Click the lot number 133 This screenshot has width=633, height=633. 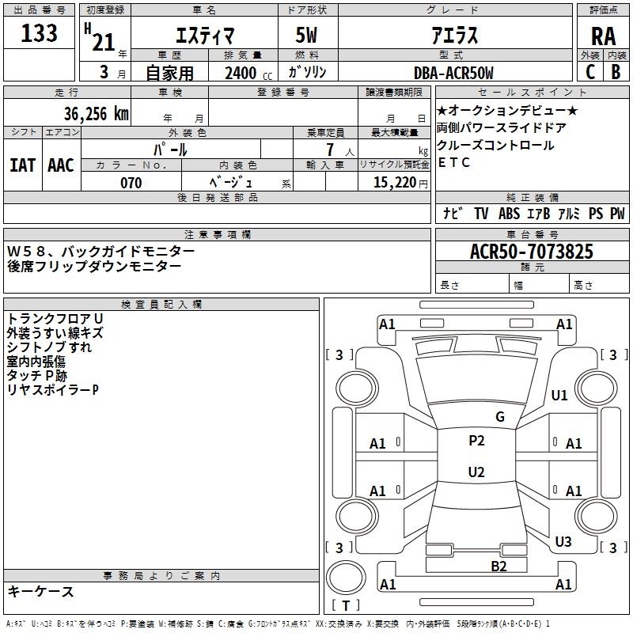coord(39,32)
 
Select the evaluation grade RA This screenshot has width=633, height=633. coord(603,36)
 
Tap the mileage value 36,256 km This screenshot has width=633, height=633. coord(96,114)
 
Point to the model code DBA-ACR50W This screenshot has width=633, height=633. coord(453,73)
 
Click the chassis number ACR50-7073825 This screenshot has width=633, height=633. coord(532,251)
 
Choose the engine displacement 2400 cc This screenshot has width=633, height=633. coord(248,73)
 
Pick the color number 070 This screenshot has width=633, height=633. coord(131,183)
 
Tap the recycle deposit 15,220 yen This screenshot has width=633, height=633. coord(400,183)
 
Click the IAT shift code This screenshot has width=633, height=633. coord(22,165)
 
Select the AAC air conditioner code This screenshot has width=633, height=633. coord(61,165)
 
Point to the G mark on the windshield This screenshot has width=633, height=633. coord(500,417)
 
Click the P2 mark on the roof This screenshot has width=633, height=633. coord(476,441)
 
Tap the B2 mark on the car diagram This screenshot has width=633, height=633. coord(498,567)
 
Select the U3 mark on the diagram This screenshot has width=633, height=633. coord(563,541)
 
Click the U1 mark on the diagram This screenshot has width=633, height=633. coord(559,395)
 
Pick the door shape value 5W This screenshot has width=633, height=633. coord(306,35)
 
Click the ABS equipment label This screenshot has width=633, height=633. coord(509,213)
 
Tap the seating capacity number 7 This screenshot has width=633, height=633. coord(330,150)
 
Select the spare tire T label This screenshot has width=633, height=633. coord(346,606)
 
